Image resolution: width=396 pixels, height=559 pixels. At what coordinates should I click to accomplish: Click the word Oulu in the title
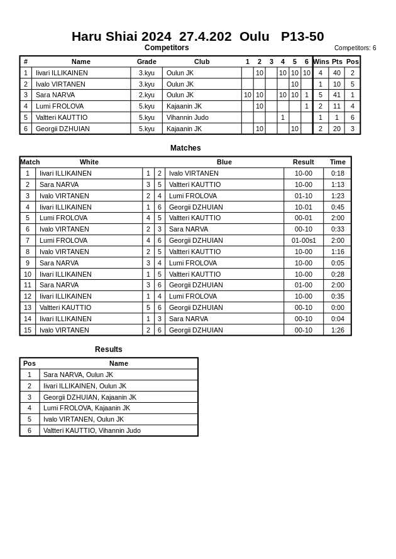[x=254, y=36]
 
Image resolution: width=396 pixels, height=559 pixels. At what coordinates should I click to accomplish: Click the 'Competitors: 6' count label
[x=355, y=48]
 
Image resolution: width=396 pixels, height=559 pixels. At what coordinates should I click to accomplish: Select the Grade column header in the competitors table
[x=146, y=61]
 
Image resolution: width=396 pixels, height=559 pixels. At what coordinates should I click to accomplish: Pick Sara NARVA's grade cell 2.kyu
[x=146, y=95]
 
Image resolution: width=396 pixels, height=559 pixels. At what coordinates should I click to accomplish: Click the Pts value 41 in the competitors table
[x=337, y=95]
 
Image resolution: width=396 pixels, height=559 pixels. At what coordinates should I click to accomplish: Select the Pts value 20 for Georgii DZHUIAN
[x=337, y=129]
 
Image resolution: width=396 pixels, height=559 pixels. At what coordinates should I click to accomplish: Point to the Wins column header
[x=321, y=61]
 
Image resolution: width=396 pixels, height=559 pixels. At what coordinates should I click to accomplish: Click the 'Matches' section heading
[x=185, y=148]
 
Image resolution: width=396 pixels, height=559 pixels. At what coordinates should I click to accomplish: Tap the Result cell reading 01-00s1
[x=304, y=240]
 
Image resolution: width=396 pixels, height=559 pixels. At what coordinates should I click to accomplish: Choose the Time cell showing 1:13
[x=338, y=184]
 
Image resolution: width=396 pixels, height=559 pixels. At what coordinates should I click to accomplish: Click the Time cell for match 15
[x=338, y=330]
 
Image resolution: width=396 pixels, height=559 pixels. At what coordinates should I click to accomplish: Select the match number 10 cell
[x=28, y=274]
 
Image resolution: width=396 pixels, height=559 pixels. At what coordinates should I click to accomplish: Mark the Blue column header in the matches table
[x=224, y=162]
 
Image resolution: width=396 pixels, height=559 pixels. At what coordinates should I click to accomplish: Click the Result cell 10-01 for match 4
[x=304, y=207]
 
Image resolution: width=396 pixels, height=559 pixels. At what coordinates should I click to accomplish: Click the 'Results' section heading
[x=109, y=349]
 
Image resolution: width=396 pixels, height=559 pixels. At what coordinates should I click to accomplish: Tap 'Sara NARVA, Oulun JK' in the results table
[x=78, y=375]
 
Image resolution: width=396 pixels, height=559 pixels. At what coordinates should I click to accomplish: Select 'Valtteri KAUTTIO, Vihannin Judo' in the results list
[x=92, y=430]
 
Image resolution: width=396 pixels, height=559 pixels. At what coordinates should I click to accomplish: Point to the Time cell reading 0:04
[x=338, y=319]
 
